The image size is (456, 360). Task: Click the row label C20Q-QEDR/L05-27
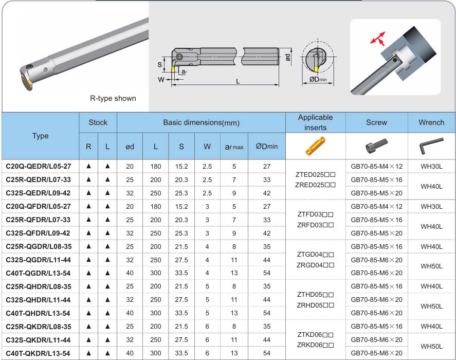click(x=39, y=167)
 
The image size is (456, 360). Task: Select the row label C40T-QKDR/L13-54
click(x=38, y=353)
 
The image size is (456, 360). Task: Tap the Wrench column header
click(x=431, y=122)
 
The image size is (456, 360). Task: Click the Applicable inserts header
click(x=316, y=122)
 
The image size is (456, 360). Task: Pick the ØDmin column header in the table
click(x=267, y=147)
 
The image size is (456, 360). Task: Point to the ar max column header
click(x=234, y=147)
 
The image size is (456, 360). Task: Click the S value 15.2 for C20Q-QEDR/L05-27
click(x=181, y=167)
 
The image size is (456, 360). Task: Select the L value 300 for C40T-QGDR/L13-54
click(x=156, y=273)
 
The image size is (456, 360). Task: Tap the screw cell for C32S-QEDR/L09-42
click(x=377, y=193)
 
